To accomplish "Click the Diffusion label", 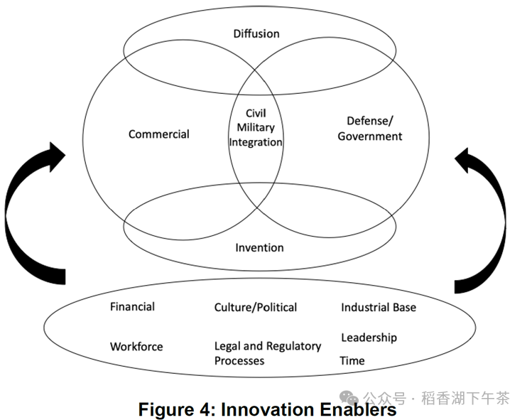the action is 256,33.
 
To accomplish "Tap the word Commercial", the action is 159,134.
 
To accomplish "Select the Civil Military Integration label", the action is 256,127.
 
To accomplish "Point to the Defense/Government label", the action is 370,129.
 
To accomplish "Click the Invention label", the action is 259,248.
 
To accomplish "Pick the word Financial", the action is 132,307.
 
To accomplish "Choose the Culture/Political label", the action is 256,307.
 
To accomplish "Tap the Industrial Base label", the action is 379,307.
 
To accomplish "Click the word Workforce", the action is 136,346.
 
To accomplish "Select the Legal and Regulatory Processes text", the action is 268,353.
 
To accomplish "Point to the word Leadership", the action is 369,338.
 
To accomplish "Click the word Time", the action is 352,360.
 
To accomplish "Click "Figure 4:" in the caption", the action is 177,409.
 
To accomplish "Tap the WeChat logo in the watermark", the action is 349,398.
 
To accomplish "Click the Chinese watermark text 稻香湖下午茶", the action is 465,398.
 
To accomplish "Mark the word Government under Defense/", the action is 370,136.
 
